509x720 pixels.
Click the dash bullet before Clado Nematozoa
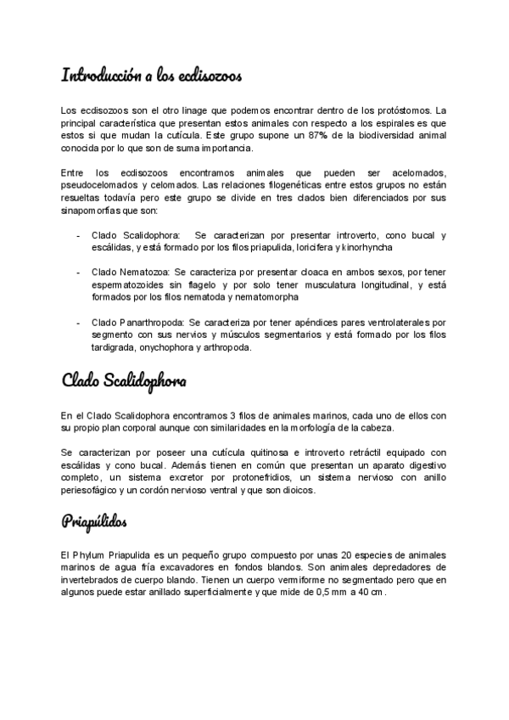click(79, 272)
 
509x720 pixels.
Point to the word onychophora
click(172, 347)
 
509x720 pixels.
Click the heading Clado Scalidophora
click(124, 380)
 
